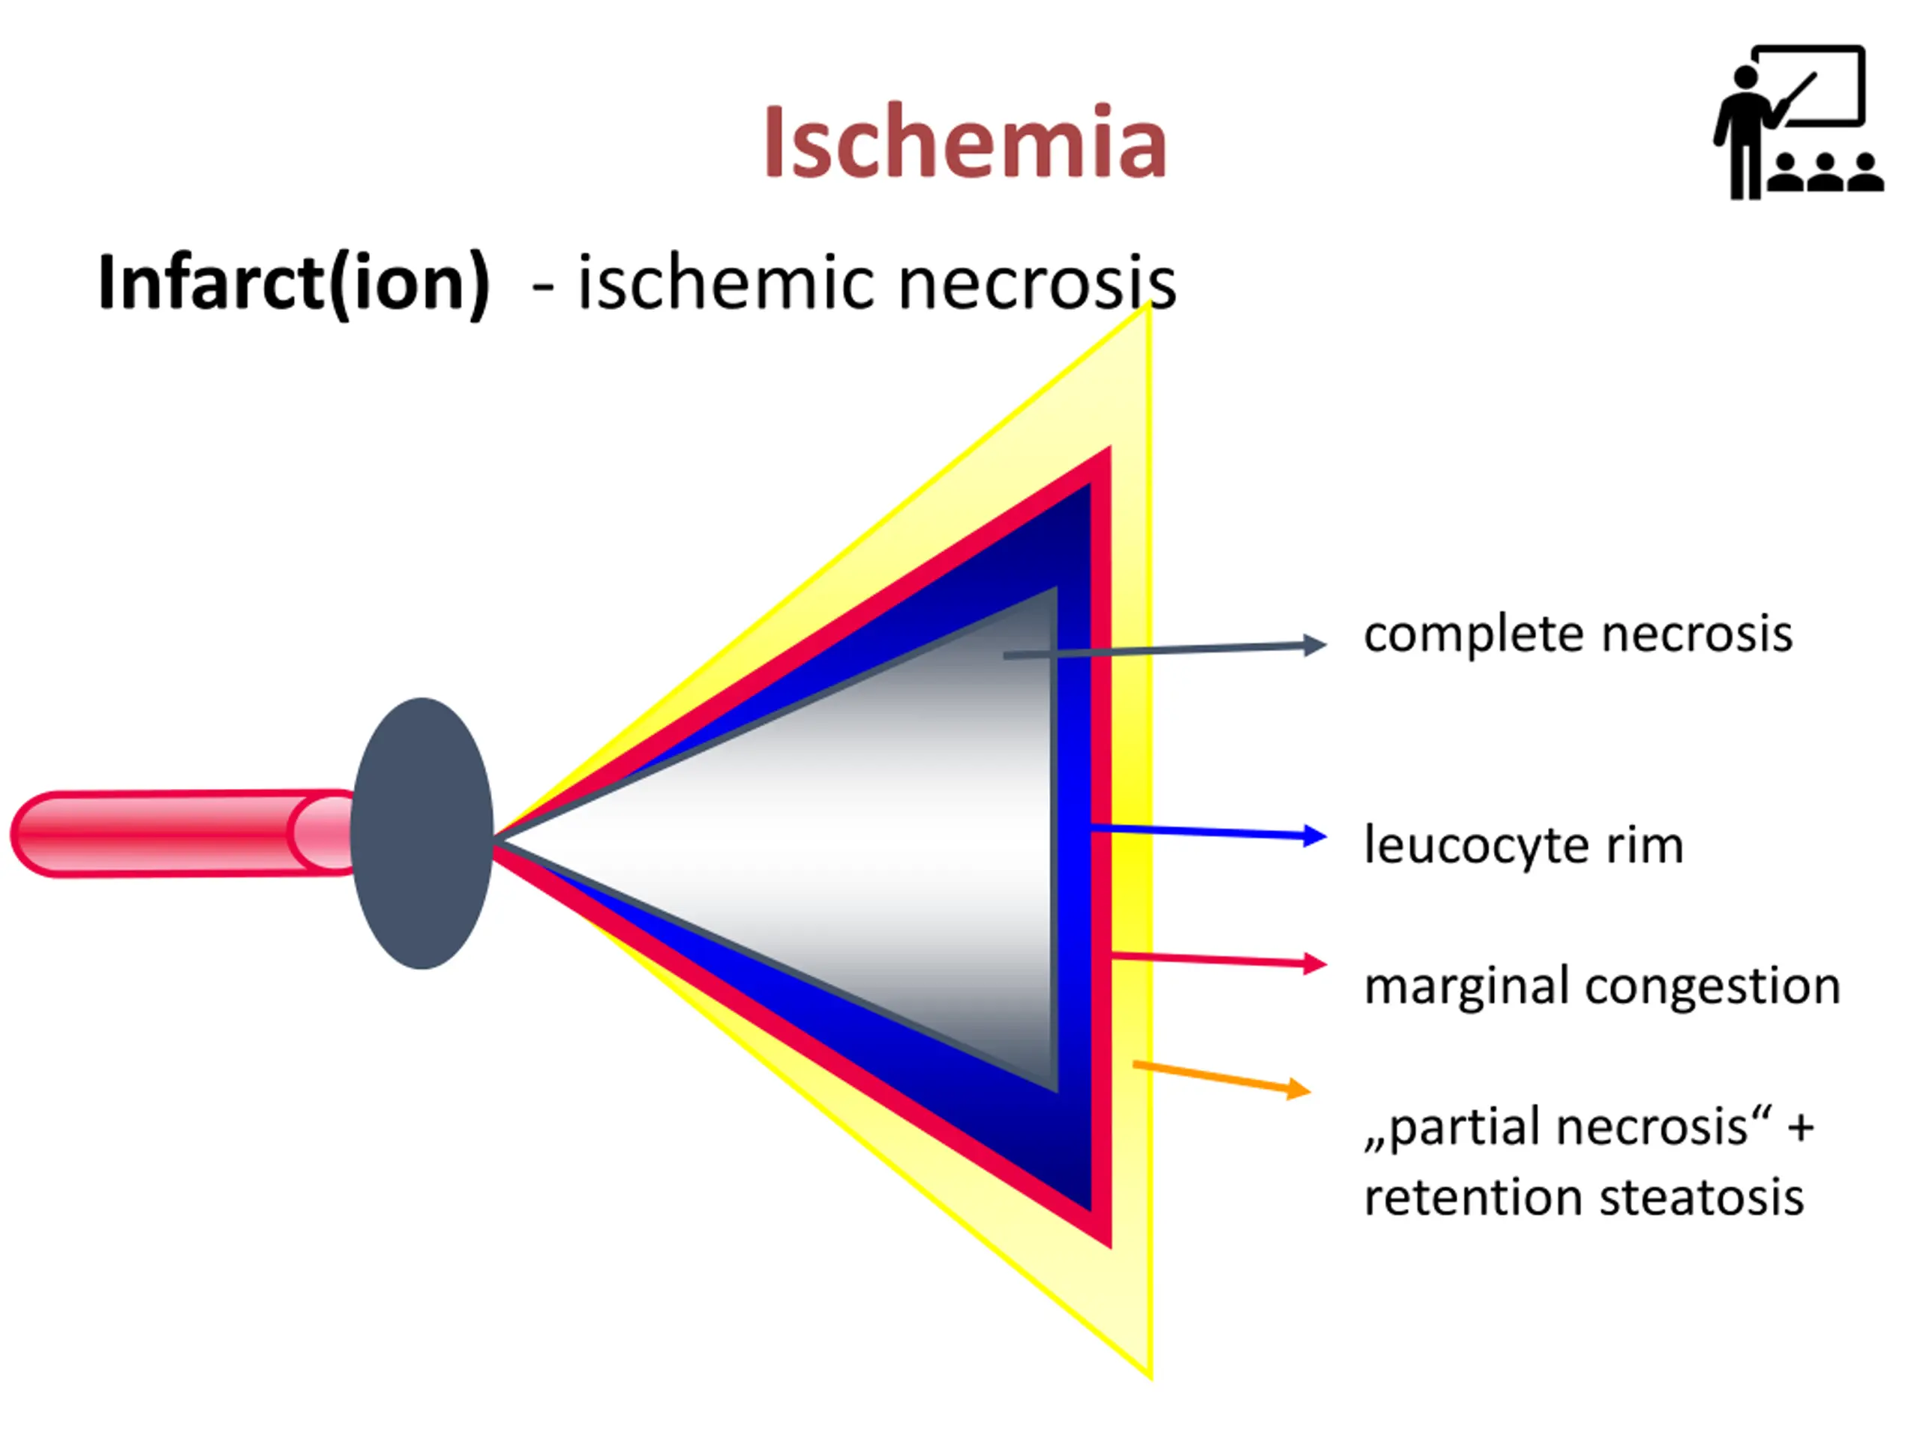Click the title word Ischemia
[964, 142]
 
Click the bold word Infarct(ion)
[294, 283]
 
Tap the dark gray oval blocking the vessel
[421, 833]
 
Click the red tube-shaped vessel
[173, 833]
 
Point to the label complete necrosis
[1577, 634]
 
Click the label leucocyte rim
[1523, 844]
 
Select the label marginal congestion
[1601, 986]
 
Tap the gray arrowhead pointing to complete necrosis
[1315, 645]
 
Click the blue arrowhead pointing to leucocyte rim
[1315, 836]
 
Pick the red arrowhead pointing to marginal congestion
[1315, 964]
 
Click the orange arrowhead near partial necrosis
[1298, 1088]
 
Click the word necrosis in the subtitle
[1036, 283]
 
